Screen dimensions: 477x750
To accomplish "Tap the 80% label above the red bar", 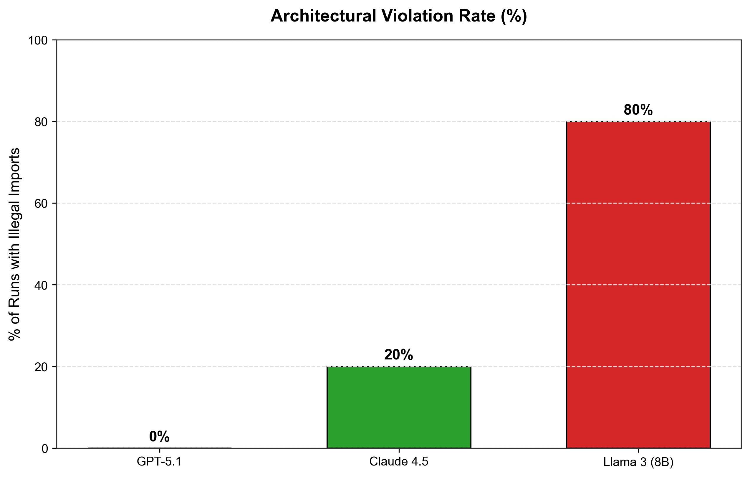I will (x=638, y=110).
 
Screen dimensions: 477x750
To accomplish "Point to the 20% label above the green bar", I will (x=399, y=355).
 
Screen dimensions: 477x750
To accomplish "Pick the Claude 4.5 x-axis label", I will (x=399, y=462).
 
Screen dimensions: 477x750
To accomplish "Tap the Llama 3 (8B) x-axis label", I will (x=638, y=462).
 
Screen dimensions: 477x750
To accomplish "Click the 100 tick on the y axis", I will (x=38, y=40).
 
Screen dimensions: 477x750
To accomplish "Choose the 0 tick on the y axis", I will (x=45, y=449).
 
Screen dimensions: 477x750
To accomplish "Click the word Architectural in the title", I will (x=323, y=16).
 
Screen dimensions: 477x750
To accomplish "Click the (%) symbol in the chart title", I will (x=514, y=16).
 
